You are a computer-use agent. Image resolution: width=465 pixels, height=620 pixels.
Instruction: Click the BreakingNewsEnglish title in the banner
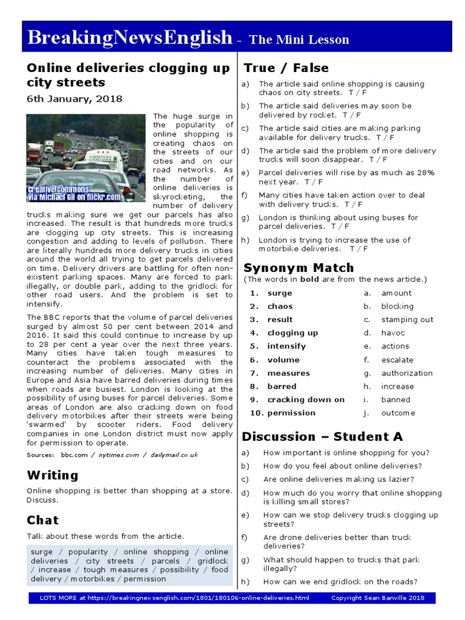(130, 38)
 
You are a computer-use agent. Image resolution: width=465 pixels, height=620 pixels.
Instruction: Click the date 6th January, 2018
(74, 99)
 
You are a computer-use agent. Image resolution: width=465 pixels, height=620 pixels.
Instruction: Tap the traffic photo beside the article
(85, 159)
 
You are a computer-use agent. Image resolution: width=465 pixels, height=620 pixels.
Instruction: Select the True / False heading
(286, 68)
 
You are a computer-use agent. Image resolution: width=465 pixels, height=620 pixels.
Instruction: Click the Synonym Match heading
(298, 268)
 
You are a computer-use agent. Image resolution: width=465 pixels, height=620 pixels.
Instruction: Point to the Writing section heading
(53, 475)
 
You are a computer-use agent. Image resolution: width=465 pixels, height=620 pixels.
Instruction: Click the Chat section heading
(43, 519)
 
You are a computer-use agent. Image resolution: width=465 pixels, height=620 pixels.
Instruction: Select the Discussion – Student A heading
(322, 437)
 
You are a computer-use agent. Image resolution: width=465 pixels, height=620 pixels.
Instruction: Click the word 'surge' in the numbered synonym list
(280, 293)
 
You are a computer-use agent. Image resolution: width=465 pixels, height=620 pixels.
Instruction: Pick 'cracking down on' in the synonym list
(306, 400)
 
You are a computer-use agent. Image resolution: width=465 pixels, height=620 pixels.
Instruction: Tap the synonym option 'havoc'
(393, 333)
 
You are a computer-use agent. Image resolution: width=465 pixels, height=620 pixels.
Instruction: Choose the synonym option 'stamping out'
(407, 320)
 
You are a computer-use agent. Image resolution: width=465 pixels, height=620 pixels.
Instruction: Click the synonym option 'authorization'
(407, 373)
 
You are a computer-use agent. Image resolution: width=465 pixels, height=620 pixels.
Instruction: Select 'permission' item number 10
(291, 413)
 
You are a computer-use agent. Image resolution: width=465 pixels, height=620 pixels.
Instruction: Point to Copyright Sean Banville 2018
(378, 598)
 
